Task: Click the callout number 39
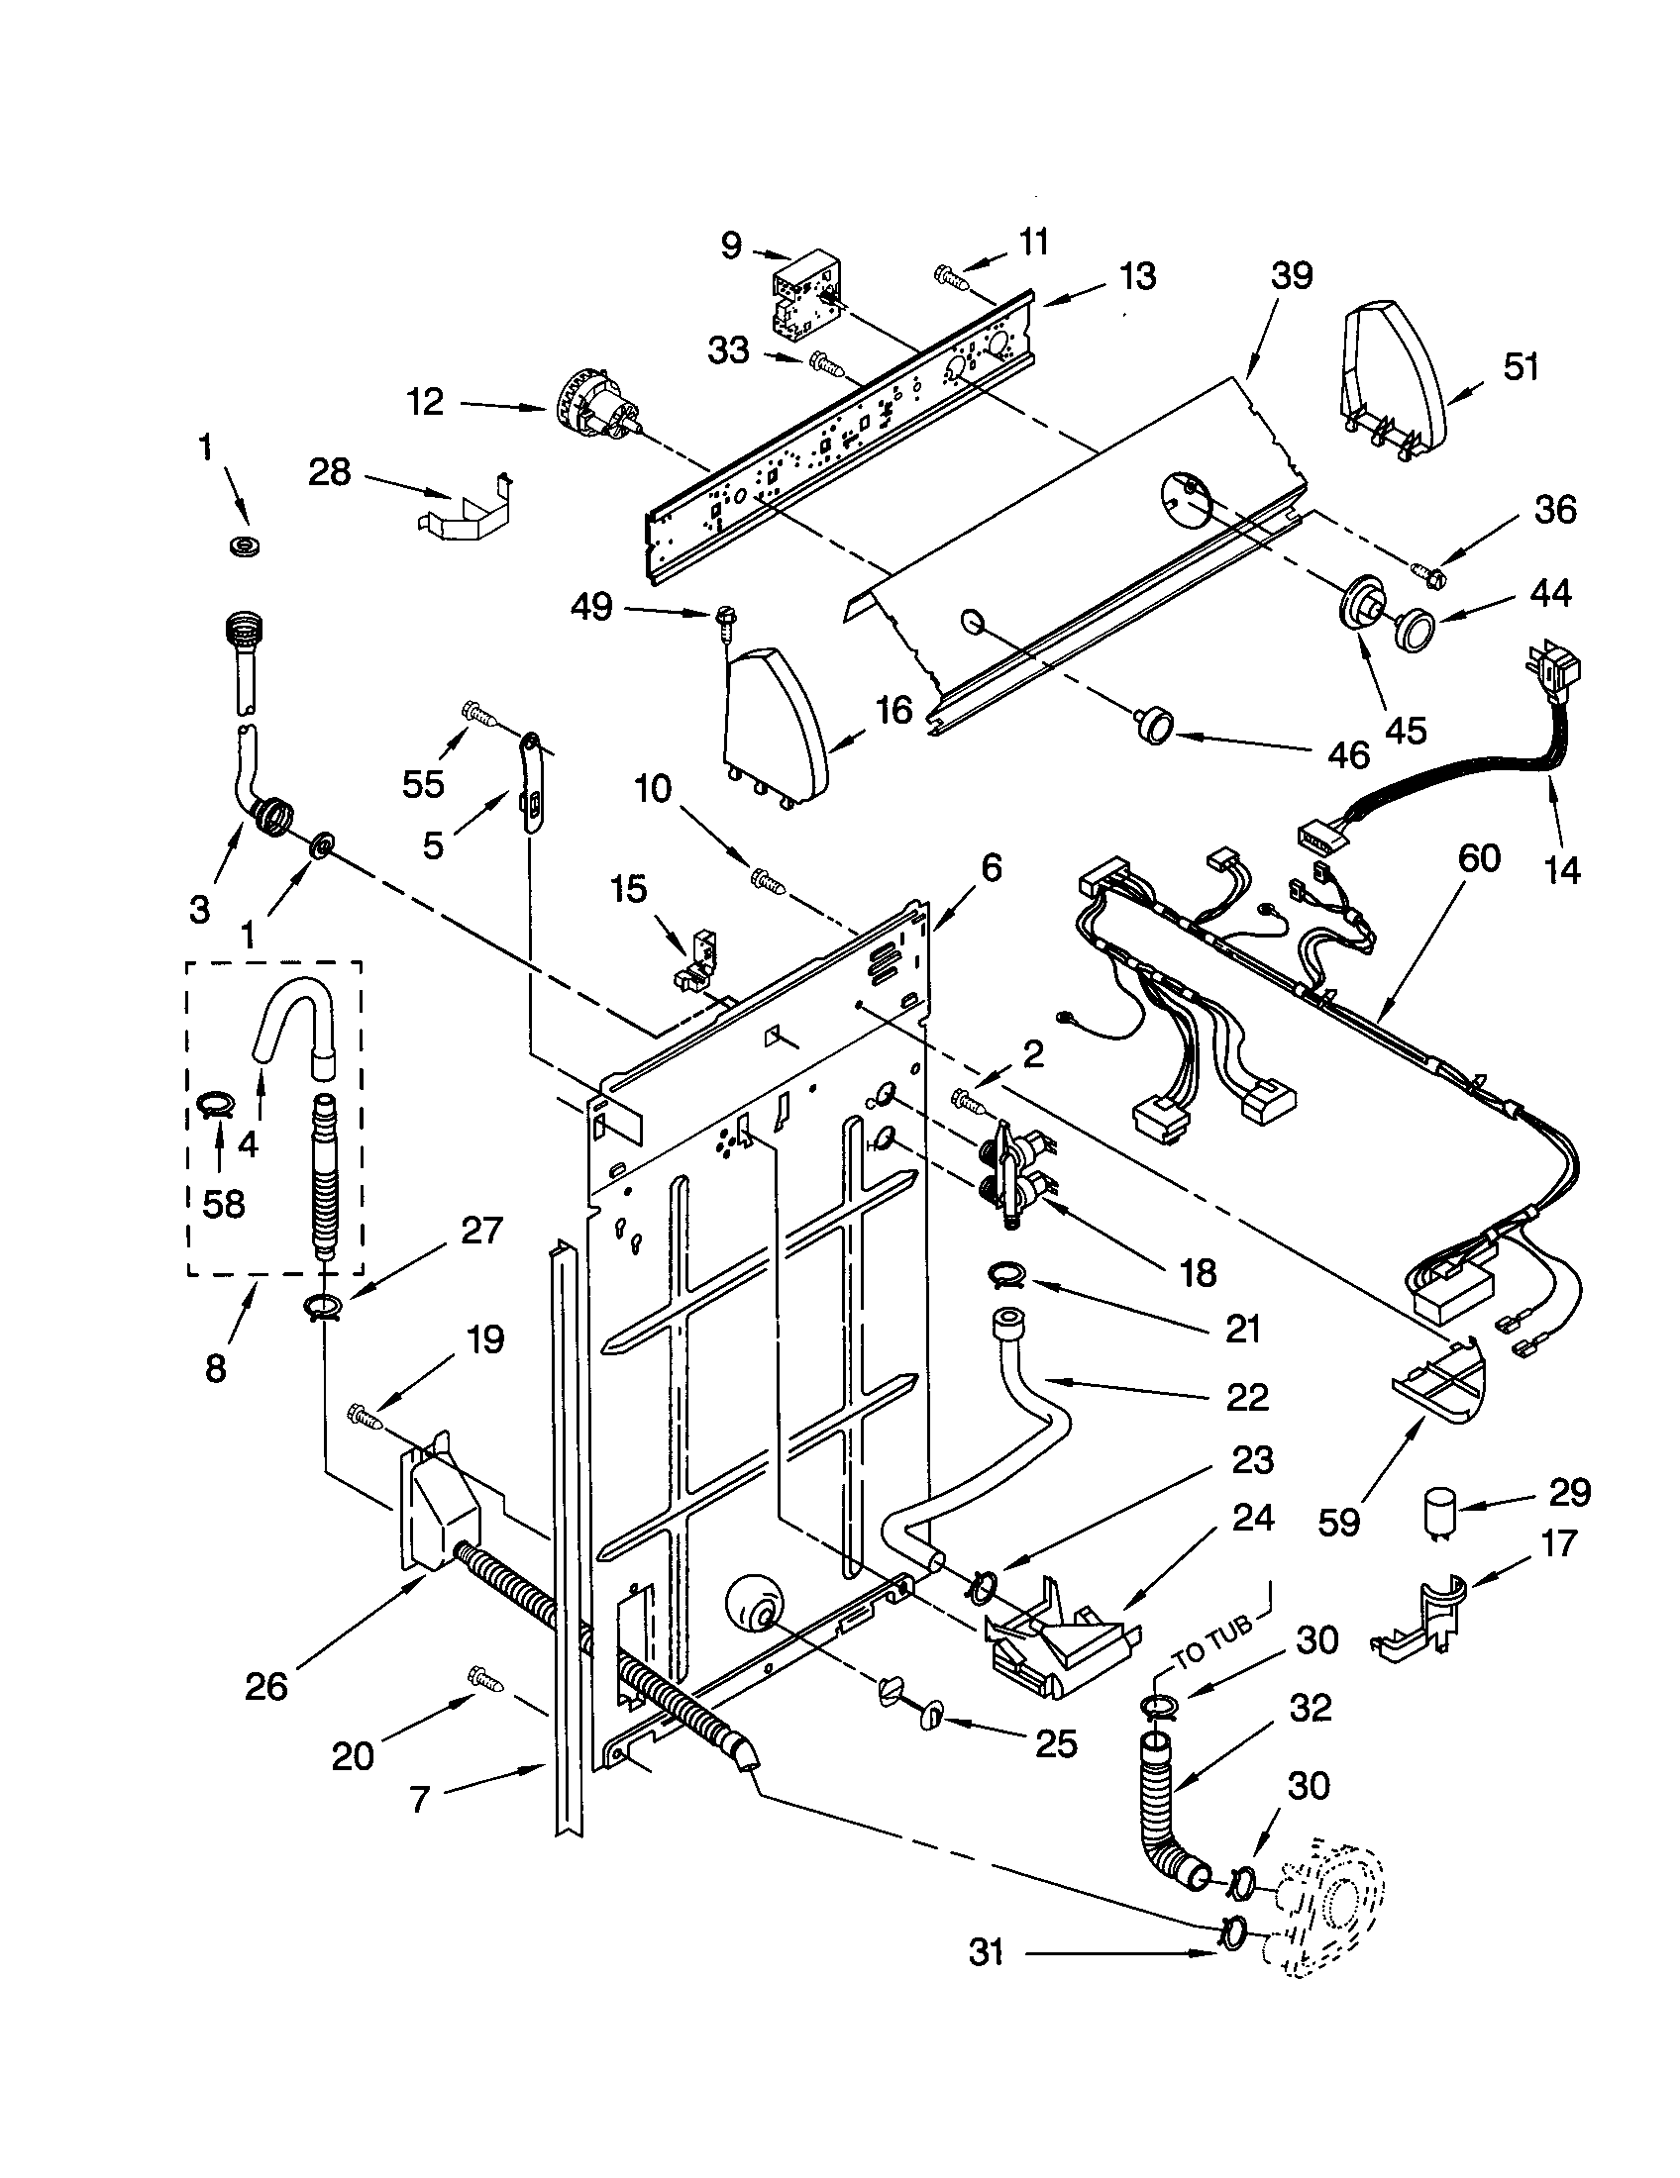(1291, 276)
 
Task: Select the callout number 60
(1479, 856)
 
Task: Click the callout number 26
(266, 1685)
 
